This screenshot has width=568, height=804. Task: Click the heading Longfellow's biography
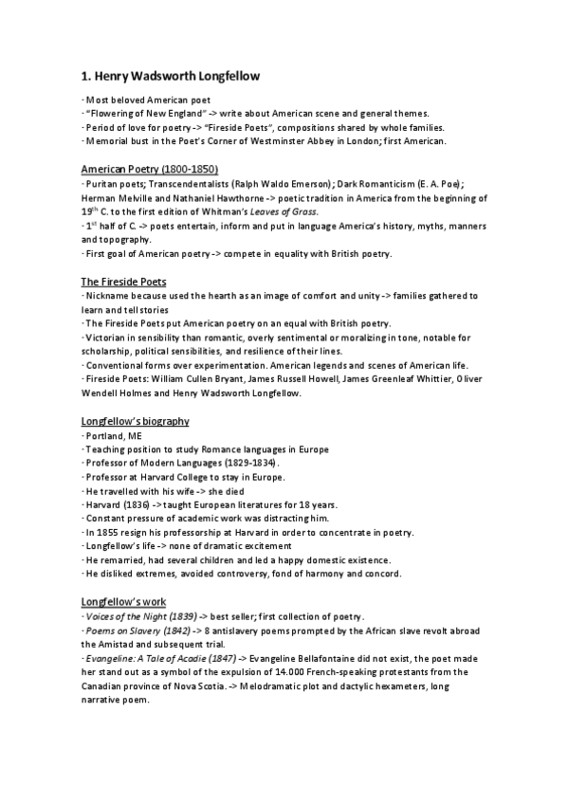click(135, 420)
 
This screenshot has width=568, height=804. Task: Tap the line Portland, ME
click(112, 435)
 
